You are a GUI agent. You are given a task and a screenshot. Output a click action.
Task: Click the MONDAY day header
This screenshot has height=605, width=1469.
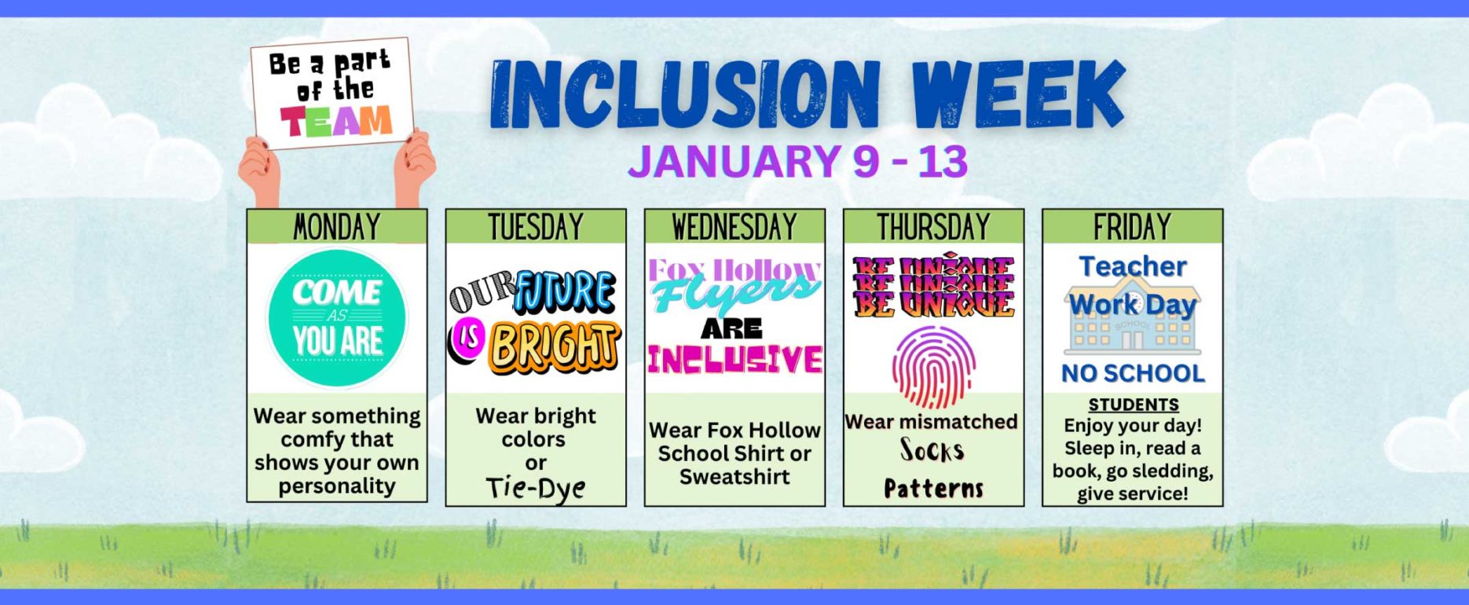[337, 227]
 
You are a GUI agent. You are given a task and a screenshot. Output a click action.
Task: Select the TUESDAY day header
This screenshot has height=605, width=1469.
[536, 227]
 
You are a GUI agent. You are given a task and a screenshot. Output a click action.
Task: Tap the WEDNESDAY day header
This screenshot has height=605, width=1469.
[734, 227]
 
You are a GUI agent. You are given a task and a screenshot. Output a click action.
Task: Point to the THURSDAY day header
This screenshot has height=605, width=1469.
[933, 227]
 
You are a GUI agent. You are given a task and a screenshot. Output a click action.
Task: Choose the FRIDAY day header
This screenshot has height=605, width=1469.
[1132, 227]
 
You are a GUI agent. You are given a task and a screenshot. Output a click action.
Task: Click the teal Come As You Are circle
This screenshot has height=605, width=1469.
[338, 319]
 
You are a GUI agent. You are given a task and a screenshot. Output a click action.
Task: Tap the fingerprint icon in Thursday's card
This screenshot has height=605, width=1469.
[933, 366]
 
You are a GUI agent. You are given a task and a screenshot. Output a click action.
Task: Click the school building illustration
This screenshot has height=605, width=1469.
[1132, 322]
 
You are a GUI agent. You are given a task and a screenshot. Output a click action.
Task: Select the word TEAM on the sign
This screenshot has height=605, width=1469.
[336, 122]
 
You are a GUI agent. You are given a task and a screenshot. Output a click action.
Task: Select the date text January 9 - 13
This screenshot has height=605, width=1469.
[797, 161]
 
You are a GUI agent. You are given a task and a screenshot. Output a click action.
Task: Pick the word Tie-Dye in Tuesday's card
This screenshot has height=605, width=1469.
[536, 488]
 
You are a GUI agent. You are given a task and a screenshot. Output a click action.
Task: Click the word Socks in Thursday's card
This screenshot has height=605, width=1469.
[932, 450]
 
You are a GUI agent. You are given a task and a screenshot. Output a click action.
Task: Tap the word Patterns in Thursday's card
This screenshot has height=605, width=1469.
[933, 489]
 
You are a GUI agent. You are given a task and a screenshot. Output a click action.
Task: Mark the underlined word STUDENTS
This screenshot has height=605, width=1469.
[1133, 405]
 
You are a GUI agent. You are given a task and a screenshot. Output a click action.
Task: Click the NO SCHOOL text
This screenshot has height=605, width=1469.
[1133, 373]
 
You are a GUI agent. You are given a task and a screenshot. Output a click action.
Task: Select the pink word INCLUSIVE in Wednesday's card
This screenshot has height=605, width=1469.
[734, 359]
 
